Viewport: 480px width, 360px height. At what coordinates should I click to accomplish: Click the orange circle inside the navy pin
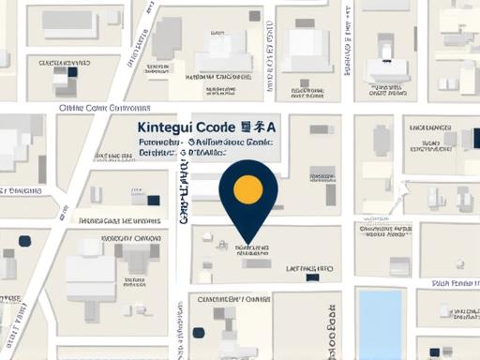click(x=247, y=188)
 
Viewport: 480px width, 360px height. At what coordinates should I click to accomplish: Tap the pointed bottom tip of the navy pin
click(x=247, y=241)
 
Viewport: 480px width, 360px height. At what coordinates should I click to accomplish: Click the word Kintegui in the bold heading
click(x=167, y=127)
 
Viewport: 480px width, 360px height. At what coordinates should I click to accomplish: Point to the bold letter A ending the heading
click(x=272, y=127)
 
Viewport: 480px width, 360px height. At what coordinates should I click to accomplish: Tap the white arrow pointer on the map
click(x=403, y=188)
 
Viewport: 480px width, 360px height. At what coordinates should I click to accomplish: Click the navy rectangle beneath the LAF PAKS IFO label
click(x=313, y=277)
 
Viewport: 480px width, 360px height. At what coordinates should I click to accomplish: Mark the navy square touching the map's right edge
click(x=475, y=139)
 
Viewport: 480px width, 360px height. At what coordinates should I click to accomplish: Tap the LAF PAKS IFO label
click(x=309, y=268)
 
